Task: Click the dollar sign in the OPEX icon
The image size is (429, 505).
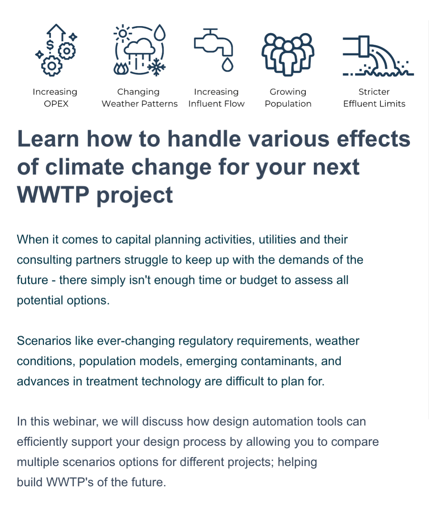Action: (x=50, y=45)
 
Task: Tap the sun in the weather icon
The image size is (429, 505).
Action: (x=122, y=33)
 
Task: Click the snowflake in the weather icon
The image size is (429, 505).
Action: (x=157, y=67)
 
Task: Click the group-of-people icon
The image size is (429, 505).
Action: (x=288, y=54)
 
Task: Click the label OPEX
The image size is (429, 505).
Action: (x=56, y=104)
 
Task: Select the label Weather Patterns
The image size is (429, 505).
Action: (x=140, y=104)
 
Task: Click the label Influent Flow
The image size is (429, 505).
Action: (x=216, y=104)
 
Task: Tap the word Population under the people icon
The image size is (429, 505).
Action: (x=288, y=104)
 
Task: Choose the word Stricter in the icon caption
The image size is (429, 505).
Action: (x=374, y=92)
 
